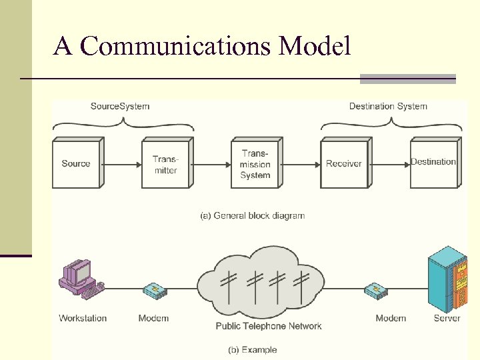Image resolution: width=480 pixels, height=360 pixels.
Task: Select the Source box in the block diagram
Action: [x=76, y=164]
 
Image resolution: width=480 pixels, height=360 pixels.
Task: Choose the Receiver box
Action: [x=344, y=164]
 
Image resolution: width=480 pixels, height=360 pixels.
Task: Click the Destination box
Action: [x=433, y=163]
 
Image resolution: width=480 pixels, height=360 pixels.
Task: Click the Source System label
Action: [x=120, y=106]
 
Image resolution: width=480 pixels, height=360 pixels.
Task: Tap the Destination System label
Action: [x=388, y=106]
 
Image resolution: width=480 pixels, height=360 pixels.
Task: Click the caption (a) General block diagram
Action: [x=253, y=215]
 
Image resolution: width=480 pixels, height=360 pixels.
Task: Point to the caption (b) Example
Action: [x=253, y=349]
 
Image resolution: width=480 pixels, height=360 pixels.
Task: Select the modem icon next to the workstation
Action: [x=154, y=291]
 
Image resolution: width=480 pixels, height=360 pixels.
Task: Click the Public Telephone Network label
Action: [x=269, y=326]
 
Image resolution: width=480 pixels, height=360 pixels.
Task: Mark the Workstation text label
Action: [x=83, y=318]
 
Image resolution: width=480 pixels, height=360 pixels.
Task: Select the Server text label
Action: [x=447, y=318]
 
